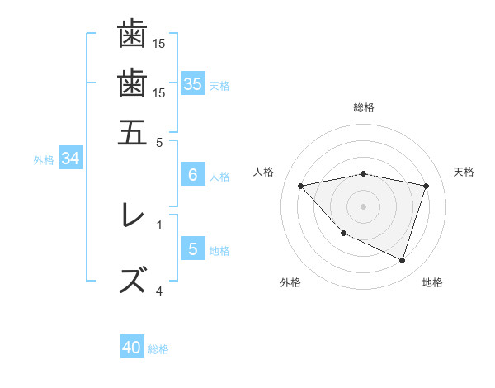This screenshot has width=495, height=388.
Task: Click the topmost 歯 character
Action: coord(132,34)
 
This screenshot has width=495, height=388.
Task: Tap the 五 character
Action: coord(132,131)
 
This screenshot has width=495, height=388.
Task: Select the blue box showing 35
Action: coord(192,84)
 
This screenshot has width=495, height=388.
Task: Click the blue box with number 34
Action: coord(70,159)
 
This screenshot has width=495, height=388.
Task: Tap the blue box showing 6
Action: coord(192,175)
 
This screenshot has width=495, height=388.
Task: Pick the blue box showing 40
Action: coord(132,348)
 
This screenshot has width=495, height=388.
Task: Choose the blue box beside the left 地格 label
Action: coord(192,249)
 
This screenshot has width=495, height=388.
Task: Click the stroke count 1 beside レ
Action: coord(159,224)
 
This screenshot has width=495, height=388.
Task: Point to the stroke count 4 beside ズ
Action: coord(159,291)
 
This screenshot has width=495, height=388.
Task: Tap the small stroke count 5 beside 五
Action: coord(159,141)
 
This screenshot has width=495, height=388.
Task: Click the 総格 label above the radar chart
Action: coord(364,107)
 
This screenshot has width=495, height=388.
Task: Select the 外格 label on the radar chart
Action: coord(290,282)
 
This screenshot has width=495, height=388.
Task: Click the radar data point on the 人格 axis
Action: coord(301,186)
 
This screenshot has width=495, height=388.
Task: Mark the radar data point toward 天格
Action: coord(427,186)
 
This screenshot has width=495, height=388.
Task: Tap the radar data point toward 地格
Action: coord(402,260)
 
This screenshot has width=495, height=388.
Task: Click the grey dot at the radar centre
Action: coord(364,206)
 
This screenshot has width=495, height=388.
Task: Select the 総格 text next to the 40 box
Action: coord(158,349)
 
